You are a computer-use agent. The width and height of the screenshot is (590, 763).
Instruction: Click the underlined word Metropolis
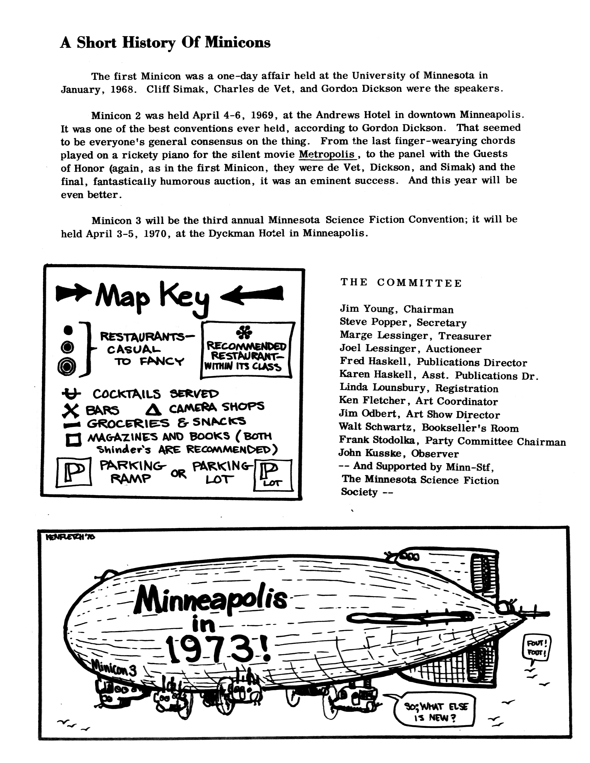click(327, 154)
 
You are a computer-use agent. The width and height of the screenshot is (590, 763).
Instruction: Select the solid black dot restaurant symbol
click(68, 330)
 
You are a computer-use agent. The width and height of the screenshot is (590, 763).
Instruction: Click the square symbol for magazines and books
click(73, 439)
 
